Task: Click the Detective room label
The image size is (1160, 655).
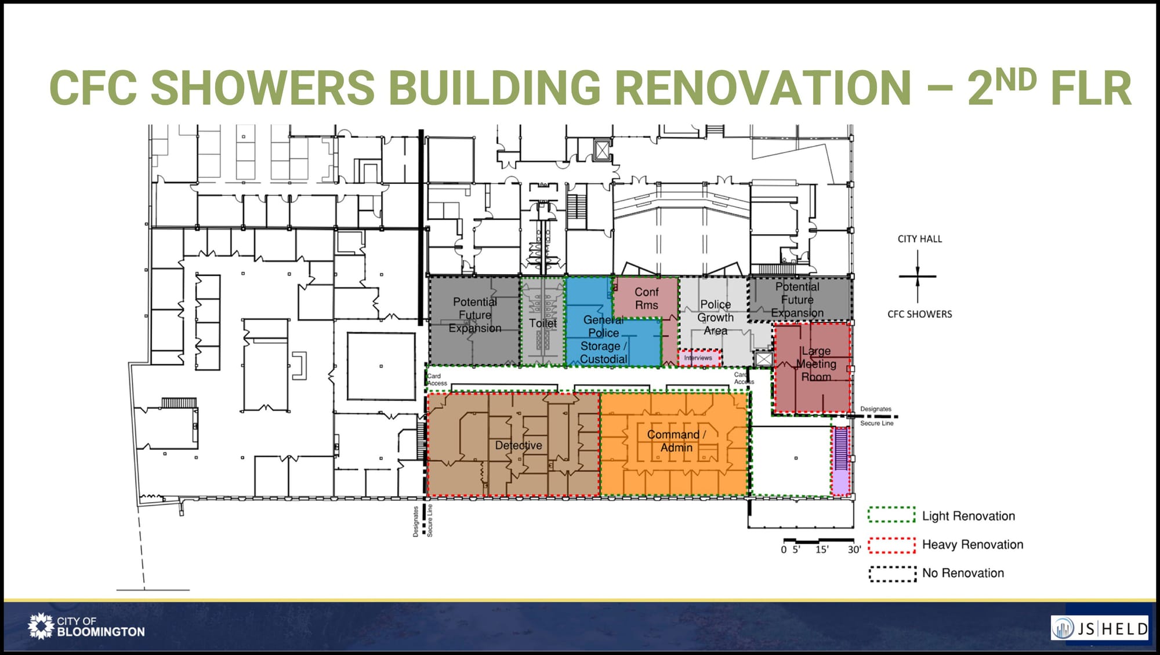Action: [519, 445]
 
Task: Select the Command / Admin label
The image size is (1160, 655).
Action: [676, 441]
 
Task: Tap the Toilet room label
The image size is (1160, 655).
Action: [542, 323]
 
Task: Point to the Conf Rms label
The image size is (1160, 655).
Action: [647, 299]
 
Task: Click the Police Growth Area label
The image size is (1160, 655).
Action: [715, 318]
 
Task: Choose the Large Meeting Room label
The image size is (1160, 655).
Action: [816, 364]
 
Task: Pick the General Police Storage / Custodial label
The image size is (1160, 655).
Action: [603, 340]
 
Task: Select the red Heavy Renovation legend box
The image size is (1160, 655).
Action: [891, 545]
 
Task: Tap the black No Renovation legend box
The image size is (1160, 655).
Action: [892, 573]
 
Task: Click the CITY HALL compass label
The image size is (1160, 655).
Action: [920, 239]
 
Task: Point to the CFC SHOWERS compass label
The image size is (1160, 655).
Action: [920, 314]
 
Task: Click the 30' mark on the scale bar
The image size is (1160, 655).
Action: [854, 550]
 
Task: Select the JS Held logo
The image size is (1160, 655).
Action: [1100, 628]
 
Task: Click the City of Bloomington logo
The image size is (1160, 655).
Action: [86, 627]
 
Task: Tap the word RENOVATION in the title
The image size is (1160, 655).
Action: [763, 88]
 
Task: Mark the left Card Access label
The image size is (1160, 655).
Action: [437, 380]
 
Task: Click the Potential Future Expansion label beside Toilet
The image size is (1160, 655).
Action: [475, 315]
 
